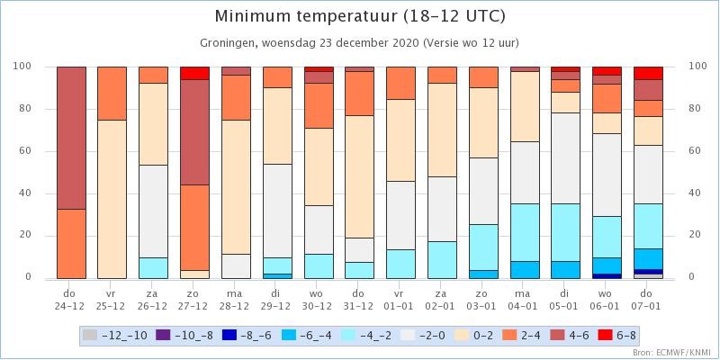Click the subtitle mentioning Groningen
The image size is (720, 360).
click(x=359, y=43)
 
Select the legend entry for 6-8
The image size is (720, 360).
click(x=617, y=335)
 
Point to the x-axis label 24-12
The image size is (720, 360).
click(x=71, y=307)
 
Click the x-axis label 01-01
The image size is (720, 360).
click(x=401, y=307)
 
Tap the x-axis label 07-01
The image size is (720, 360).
click(x=648, y=307)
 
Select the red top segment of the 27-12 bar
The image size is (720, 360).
click(x=194, y=74)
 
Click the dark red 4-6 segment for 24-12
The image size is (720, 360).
click(x=71, y=139)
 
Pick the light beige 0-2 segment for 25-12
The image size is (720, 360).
click(x=112, y=199)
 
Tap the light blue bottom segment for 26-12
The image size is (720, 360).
click(x=153, y=268)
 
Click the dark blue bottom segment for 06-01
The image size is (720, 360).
click(x=607, y=276)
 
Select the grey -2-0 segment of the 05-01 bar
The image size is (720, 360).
click(x=566, y=158)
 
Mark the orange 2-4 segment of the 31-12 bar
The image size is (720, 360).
click(x=359, y=94)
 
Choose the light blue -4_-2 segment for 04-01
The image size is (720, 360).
click(x=525, y=233)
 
